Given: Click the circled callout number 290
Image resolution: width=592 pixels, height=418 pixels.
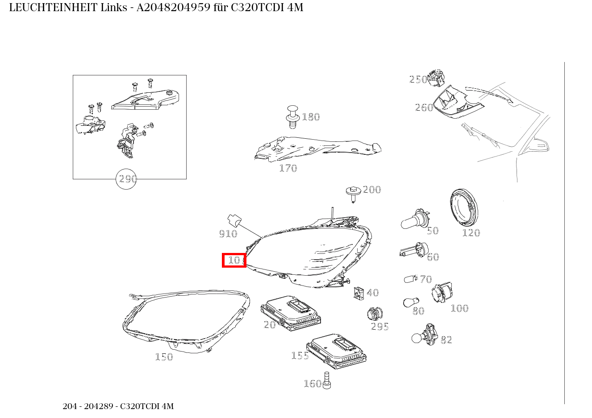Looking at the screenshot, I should (126, 179).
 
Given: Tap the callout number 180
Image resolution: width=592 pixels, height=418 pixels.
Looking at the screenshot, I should (311, 117).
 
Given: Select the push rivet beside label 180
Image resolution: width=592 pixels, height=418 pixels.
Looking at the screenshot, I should (292, 116).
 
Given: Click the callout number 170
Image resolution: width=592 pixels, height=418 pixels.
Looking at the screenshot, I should (288, 168).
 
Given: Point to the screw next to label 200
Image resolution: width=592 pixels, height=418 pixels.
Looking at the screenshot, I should (353, 194).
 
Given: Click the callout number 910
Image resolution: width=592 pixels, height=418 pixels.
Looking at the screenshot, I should (228, 234).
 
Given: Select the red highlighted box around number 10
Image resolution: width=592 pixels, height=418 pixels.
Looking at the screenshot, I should (234, 260).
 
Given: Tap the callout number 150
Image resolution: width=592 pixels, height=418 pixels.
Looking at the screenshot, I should (164, 357).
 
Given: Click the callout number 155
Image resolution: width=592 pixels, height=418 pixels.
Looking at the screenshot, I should (300, 356).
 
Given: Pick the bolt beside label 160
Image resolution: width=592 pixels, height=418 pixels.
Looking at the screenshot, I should (326, 380).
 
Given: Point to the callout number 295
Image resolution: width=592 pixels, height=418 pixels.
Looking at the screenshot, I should (380, 327).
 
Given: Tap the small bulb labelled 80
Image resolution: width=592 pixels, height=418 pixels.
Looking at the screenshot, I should (408, 302).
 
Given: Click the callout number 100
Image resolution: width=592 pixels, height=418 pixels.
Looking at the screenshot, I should (459, 308).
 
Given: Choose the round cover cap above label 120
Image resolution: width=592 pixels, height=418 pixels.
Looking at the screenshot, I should (463, 208).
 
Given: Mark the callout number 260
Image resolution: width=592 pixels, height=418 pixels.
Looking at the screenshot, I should (424, 108).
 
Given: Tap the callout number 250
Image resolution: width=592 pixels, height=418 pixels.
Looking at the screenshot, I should (418, 79).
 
